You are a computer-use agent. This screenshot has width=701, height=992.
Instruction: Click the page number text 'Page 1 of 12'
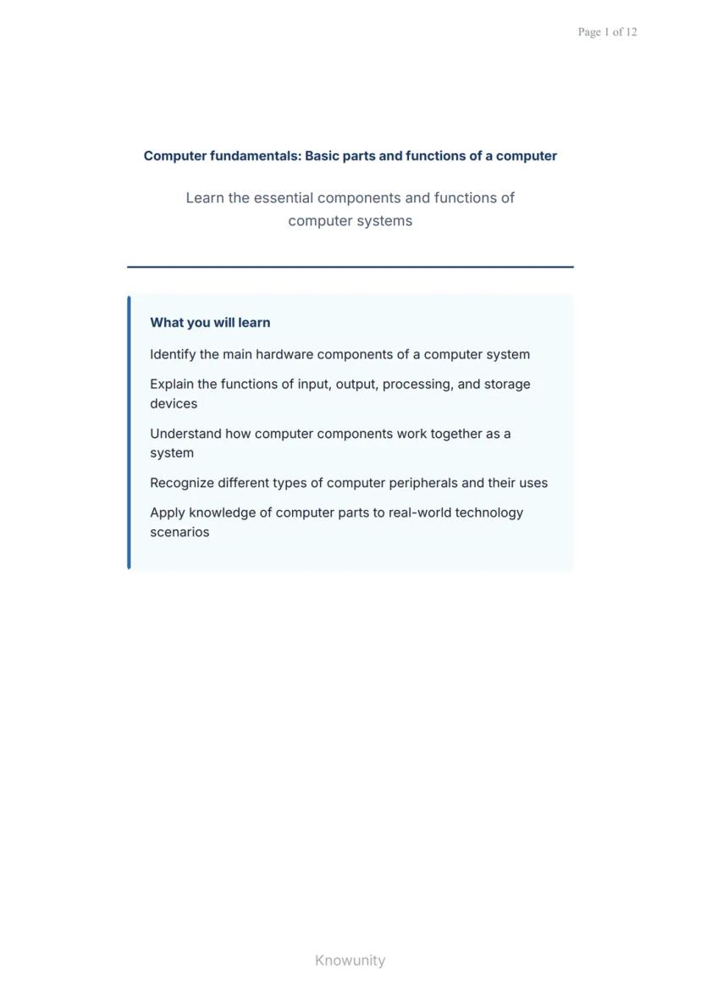607,32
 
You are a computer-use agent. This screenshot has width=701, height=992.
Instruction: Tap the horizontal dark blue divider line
350,267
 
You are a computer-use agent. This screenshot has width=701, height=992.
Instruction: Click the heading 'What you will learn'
210,323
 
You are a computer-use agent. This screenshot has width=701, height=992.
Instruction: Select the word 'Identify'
173,355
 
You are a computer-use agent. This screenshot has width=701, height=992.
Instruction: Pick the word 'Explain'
172,385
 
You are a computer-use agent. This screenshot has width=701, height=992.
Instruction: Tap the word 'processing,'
417,385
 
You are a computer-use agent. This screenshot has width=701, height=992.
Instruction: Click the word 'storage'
507,385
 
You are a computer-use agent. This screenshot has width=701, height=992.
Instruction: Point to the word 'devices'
174,404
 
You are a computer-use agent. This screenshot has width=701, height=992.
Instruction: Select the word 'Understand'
185,434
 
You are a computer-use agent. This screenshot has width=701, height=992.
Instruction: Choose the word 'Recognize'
182,483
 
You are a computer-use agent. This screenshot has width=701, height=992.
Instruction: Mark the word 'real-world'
419,513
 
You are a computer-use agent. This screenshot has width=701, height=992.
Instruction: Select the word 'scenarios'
179,532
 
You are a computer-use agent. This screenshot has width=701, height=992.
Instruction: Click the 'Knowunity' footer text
350,961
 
